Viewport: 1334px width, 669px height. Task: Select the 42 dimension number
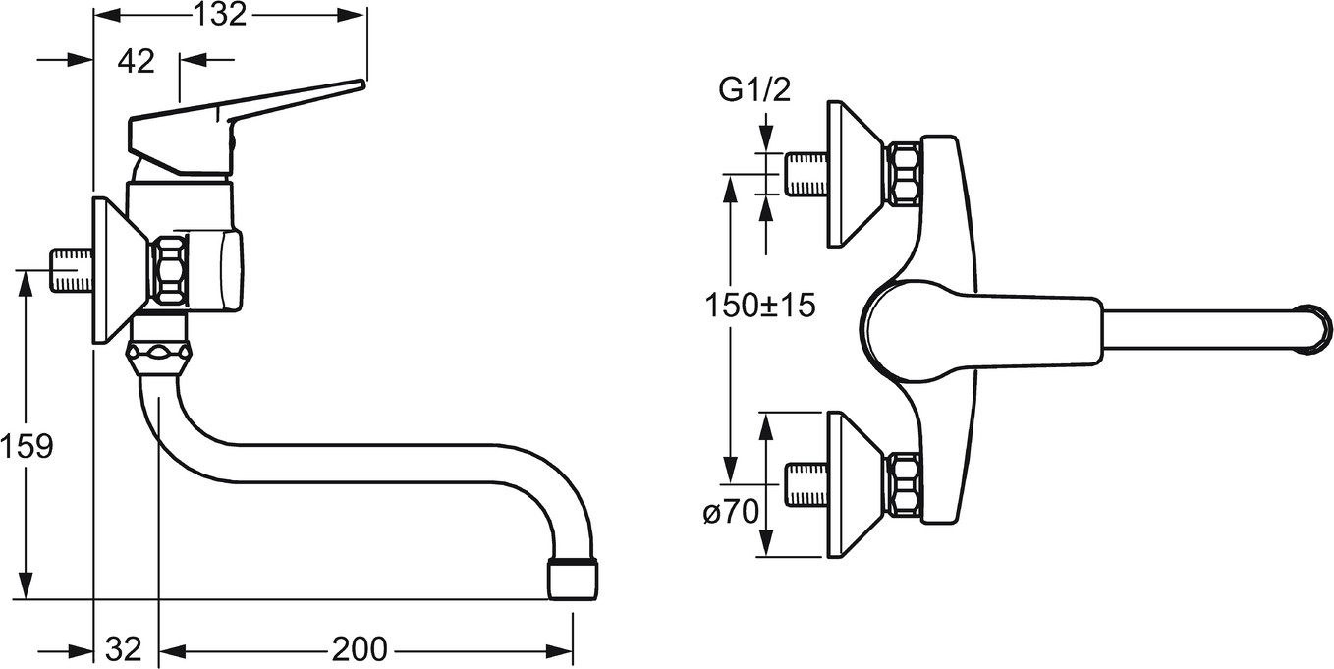point(137,61)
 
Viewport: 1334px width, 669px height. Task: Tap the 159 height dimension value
point(27,446)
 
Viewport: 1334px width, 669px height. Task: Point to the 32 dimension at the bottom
point(124,648)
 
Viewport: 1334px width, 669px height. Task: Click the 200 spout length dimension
point(360,648)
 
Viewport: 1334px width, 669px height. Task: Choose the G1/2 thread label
point(754,90)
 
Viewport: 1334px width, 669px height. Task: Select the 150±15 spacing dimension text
point(760,307)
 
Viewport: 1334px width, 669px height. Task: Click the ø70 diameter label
point(731,511)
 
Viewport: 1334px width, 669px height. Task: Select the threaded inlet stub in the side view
point(72,271)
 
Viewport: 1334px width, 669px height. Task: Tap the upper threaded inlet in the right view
point(806,174)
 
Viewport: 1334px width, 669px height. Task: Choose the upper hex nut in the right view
point(904,174)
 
